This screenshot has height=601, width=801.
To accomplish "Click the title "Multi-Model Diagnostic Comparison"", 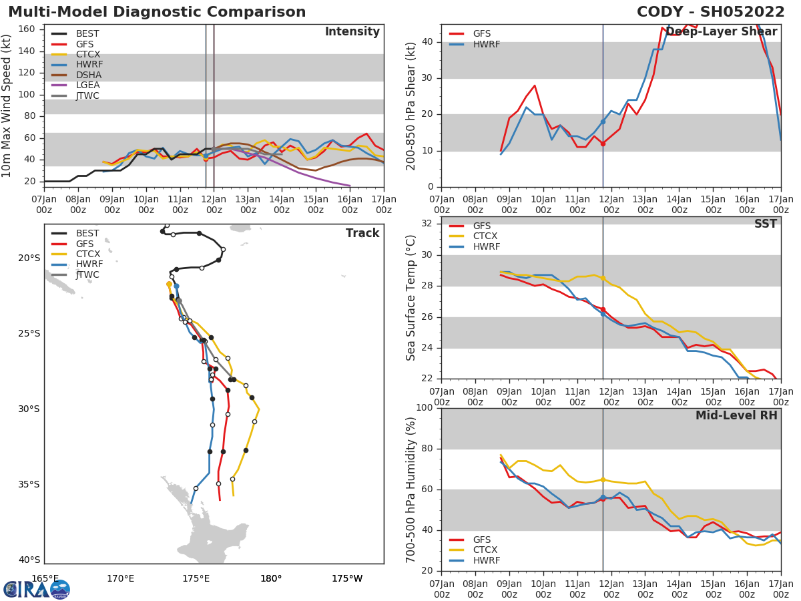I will tap(157, 12).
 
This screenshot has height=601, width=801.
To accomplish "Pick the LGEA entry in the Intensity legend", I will tap(87, 85).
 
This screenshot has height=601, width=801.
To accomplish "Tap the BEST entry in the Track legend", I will tap(87, 234).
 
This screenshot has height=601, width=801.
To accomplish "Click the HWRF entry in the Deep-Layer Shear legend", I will tap(486, 45).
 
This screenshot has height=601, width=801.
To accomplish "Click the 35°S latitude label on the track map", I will tap(29, 484).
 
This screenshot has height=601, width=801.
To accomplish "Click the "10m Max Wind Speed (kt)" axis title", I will tap(7, 106).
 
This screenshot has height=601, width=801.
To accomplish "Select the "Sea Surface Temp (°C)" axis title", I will tap(411, 298).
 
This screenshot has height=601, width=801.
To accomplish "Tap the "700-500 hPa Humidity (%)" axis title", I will tap(411, 489).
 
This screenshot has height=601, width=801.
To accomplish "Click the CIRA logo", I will tap(37, 590).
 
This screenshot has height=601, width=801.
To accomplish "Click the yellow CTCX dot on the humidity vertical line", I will tap(603, 479).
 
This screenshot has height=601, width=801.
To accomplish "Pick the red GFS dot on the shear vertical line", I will tap(603, 144).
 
